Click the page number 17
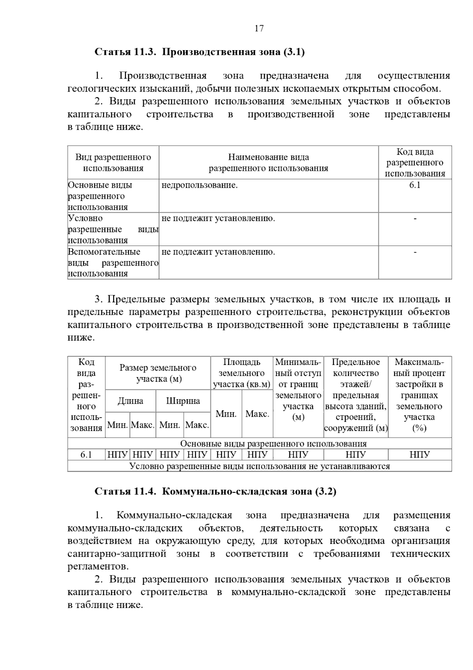point(259,28)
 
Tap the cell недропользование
point(199,185)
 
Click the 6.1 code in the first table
point(415,185)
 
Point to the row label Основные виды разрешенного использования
point(100,196)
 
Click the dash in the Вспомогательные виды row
point(415,252)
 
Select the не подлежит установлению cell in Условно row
point(218,219)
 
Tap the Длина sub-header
point(130,401)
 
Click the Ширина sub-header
point(183,401)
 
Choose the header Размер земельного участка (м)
point(158,373)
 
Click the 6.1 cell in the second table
point(86,455)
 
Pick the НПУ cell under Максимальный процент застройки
point(419,455)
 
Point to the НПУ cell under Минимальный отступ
point(298,455)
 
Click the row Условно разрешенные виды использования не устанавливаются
point(259,466)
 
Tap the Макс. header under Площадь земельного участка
point(257,414)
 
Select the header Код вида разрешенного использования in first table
point(415,163)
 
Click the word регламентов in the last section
point(98,567)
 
